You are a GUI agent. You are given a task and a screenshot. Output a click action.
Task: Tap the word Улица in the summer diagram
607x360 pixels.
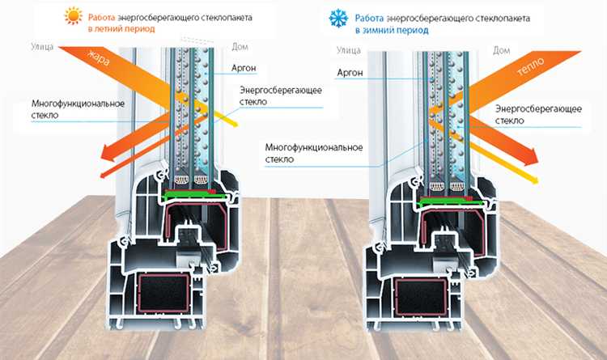point(43,48)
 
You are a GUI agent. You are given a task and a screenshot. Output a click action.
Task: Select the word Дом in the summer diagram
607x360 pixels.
point(240,48)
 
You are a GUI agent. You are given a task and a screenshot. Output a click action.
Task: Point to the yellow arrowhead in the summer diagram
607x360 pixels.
point(233,125)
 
